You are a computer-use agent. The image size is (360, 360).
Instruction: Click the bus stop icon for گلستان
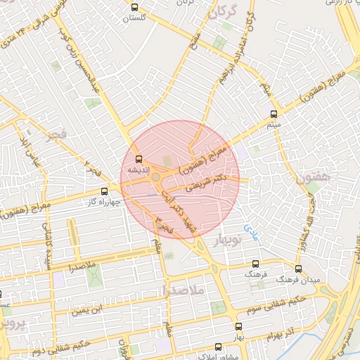click(x=134, y=7)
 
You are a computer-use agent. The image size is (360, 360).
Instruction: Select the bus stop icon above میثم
click(x=274, y=113)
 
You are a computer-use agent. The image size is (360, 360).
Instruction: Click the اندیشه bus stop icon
click(x=138, y=159)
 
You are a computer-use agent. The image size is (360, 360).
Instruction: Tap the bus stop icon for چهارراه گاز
click(x=105, y=191)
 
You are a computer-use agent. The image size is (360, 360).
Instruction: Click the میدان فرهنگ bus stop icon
click(x=298, y=269)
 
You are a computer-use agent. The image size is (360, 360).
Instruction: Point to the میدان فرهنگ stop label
click(x=297, y=279)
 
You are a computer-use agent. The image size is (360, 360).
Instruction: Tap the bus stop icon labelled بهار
click(x=238, y=327)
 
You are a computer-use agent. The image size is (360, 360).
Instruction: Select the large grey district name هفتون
click(x=313, y=178)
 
